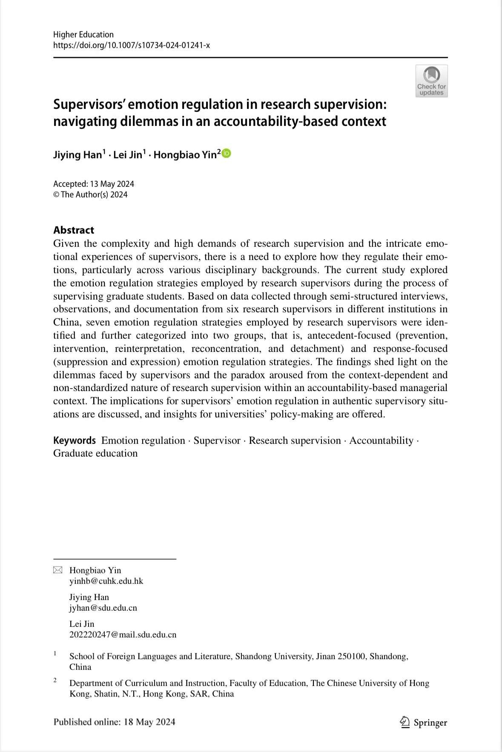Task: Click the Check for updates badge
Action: [x=431, y=81]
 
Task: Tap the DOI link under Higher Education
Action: [x=131, y=45]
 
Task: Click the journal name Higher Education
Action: [x=83, y=34]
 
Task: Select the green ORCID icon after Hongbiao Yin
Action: [x=227, y=154]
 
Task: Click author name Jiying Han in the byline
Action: [x=77, y=154]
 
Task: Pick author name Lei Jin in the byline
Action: [x=128, y=154]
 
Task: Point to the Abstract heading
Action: [x=74, y=230]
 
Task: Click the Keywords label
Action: [x=75, y=440]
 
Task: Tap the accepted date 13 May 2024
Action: [x=112, y=184]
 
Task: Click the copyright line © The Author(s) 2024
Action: [x=90, y=194]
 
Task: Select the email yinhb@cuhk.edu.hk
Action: [x=106, y=581]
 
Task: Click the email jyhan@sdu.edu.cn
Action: [x=103, y=608]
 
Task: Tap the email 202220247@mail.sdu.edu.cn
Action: [x=123, y=635]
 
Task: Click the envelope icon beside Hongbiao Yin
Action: [x=57, y=570]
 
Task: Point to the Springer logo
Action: [x=424, y=722]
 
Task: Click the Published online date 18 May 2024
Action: [x=149, y=722]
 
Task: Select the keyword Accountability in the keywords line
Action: [x=381, y=440]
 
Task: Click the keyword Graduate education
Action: [x=95, y=453]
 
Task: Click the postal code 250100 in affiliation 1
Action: [x=351, y=656]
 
